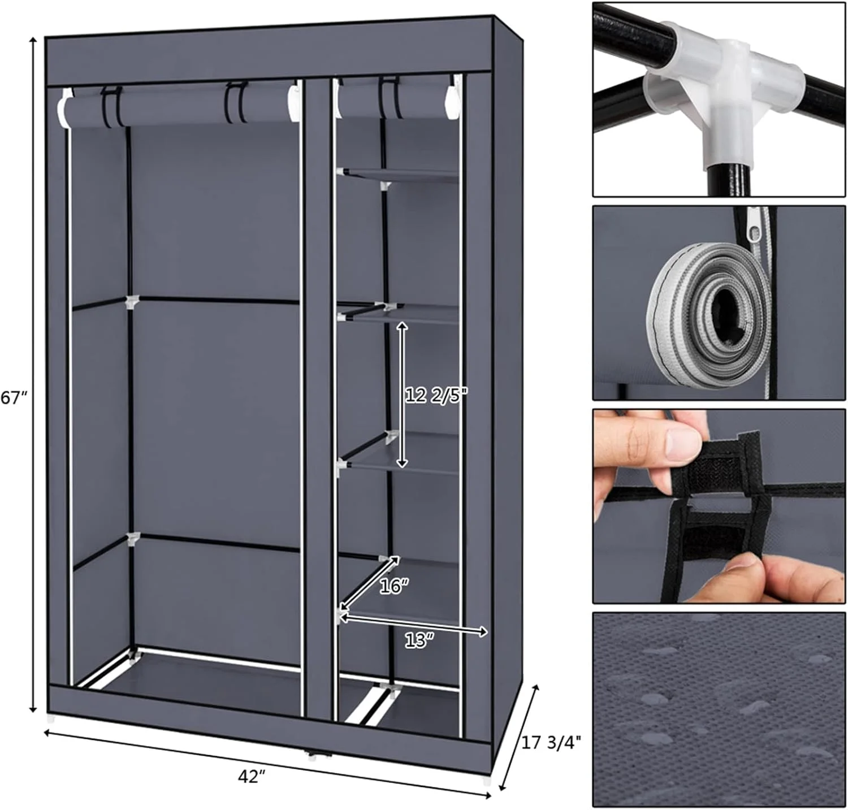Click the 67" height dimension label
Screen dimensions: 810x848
point(14,398)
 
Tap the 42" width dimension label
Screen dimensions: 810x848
point(252,777)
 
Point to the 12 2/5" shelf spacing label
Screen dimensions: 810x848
point(436,395)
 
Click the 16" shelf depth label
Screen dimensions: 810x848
point(393,587)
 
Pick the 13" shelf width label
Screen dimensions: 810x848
point(419,640)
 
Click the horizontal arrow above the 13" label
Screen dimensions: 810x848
point(413,625)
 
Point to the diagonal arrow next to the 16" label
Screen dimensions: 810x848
point(370,582)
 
